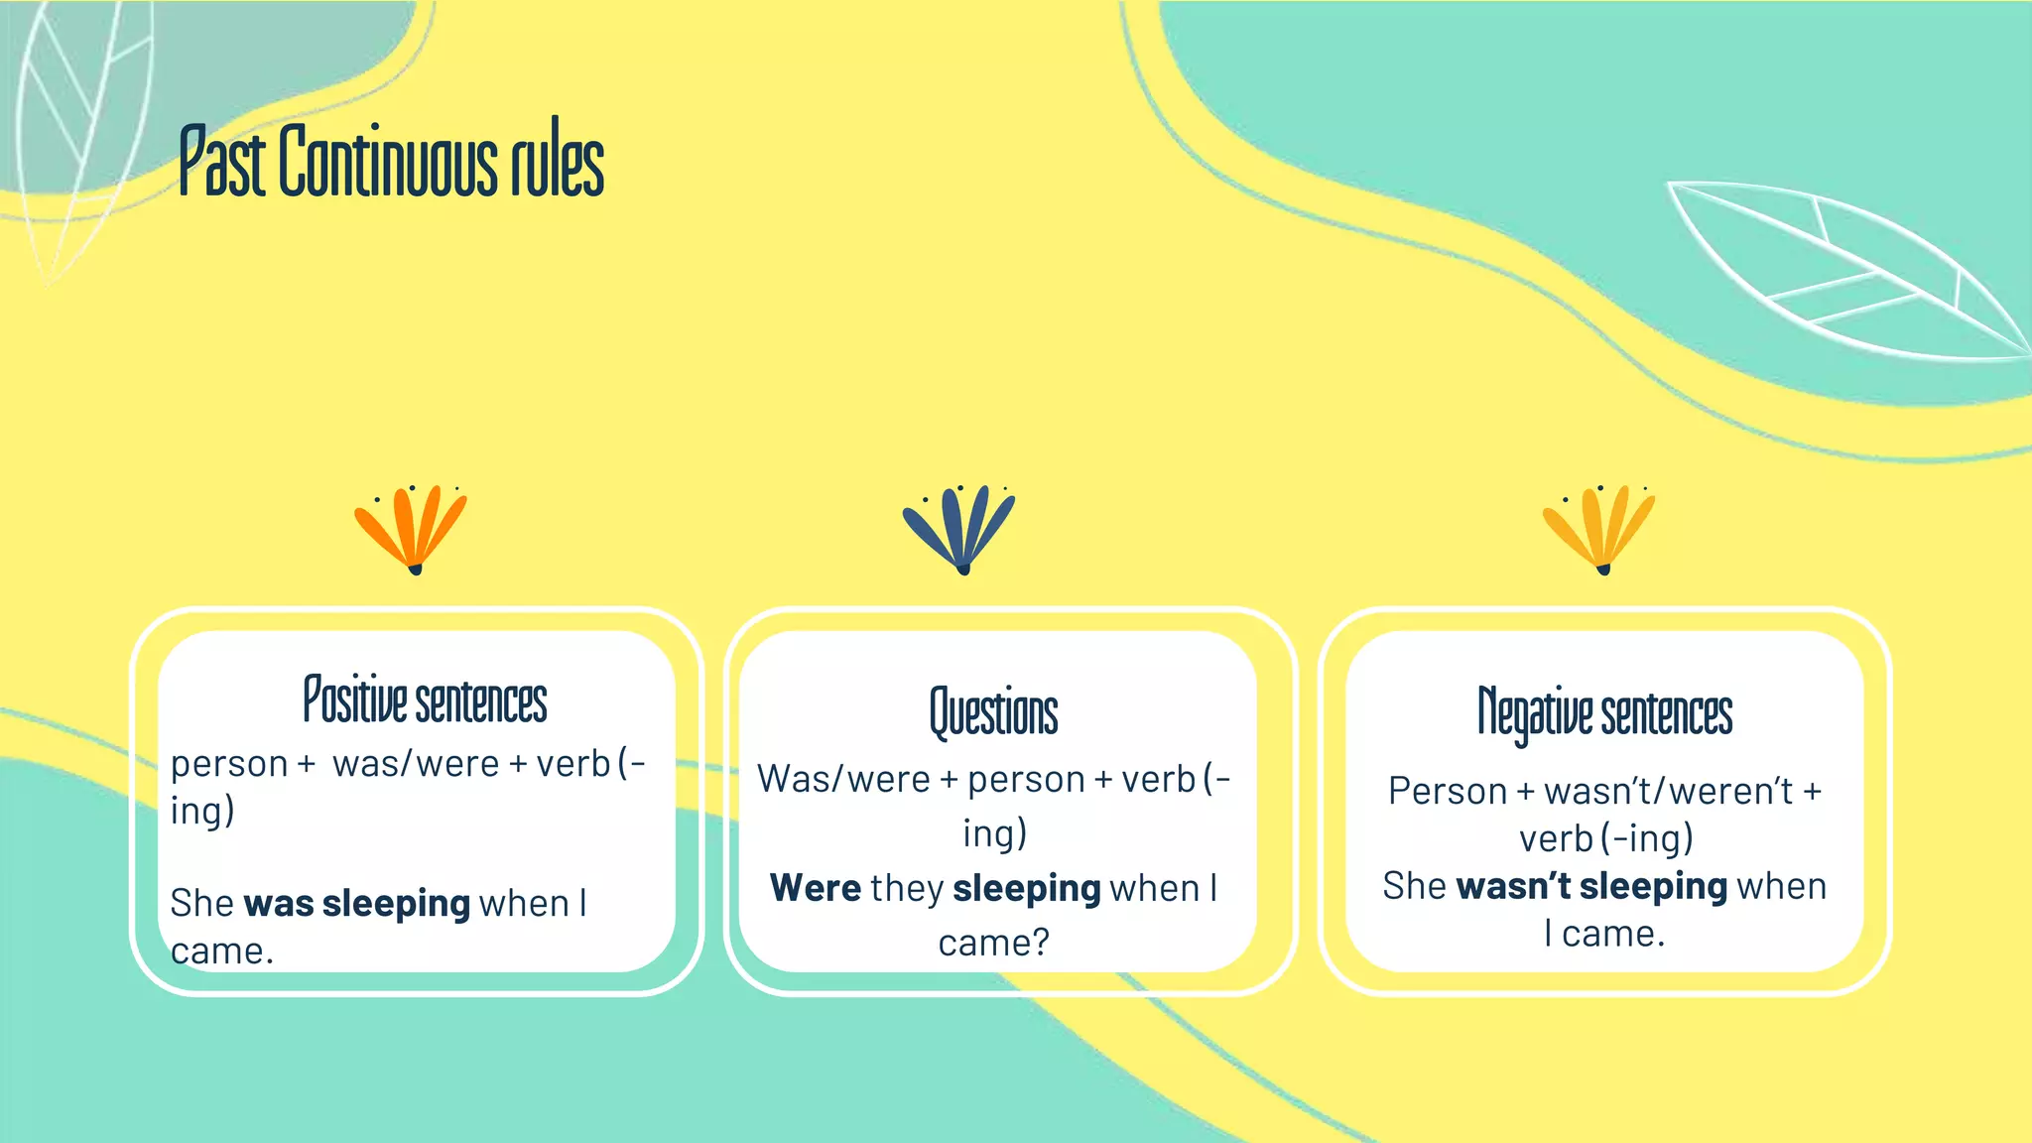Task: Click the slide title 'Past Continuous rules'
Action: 391,161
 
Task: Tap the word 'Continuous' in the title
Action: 388,161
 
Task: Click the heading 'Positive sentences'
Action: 425,699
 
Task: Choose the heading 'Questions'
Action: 993,712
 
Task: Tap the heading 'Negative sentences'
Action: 1604,712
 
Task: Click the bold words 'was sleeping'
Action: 356,904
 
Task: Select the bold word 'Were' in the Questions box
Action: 816,888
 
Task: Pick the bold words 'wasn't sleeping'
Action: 1591,886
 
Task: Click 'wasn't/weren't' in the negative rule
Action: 1668,792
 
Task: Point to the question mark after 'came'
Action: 1041,943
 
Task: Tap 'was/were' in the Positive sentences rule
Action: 416,764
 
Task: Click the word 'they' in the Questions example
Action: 907,888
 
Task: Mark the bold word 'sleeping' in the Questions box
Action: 1026,889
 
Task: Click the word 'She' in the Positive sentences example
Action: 201,904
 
